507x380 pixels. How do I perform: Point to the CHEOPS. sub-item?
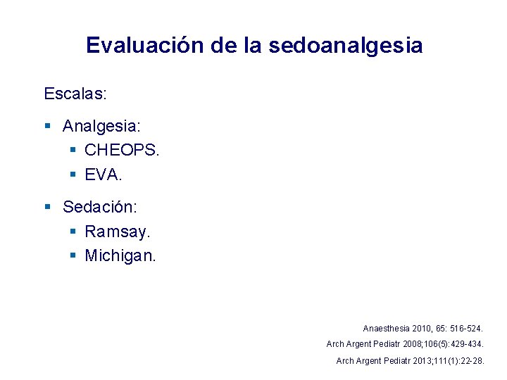coord(122,150)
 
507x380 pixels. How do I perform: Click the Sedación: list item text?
coord(100,207)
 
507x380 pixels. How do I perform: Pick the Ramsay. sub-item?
coord(118,231)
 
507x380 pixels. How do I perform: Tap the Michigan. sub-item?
coord(120,255)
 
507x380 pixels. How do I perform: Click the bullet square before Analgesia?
coord(48,127)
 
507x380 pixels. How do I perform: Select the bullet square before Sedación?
coord(48,207)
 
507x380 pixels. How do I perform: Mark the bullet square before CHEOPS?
coord(74,150)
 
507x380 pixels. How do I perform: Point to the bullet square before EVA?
coord(74,173)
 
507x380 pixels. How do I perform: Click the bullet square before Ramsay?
coord(74,231)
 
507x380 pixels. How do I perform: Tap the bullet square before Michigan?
coord(74,255)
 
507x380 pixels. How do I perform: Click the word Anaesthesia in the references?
coord(385,329)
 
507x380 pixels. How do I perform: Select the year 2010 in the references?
coord(420,329)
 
